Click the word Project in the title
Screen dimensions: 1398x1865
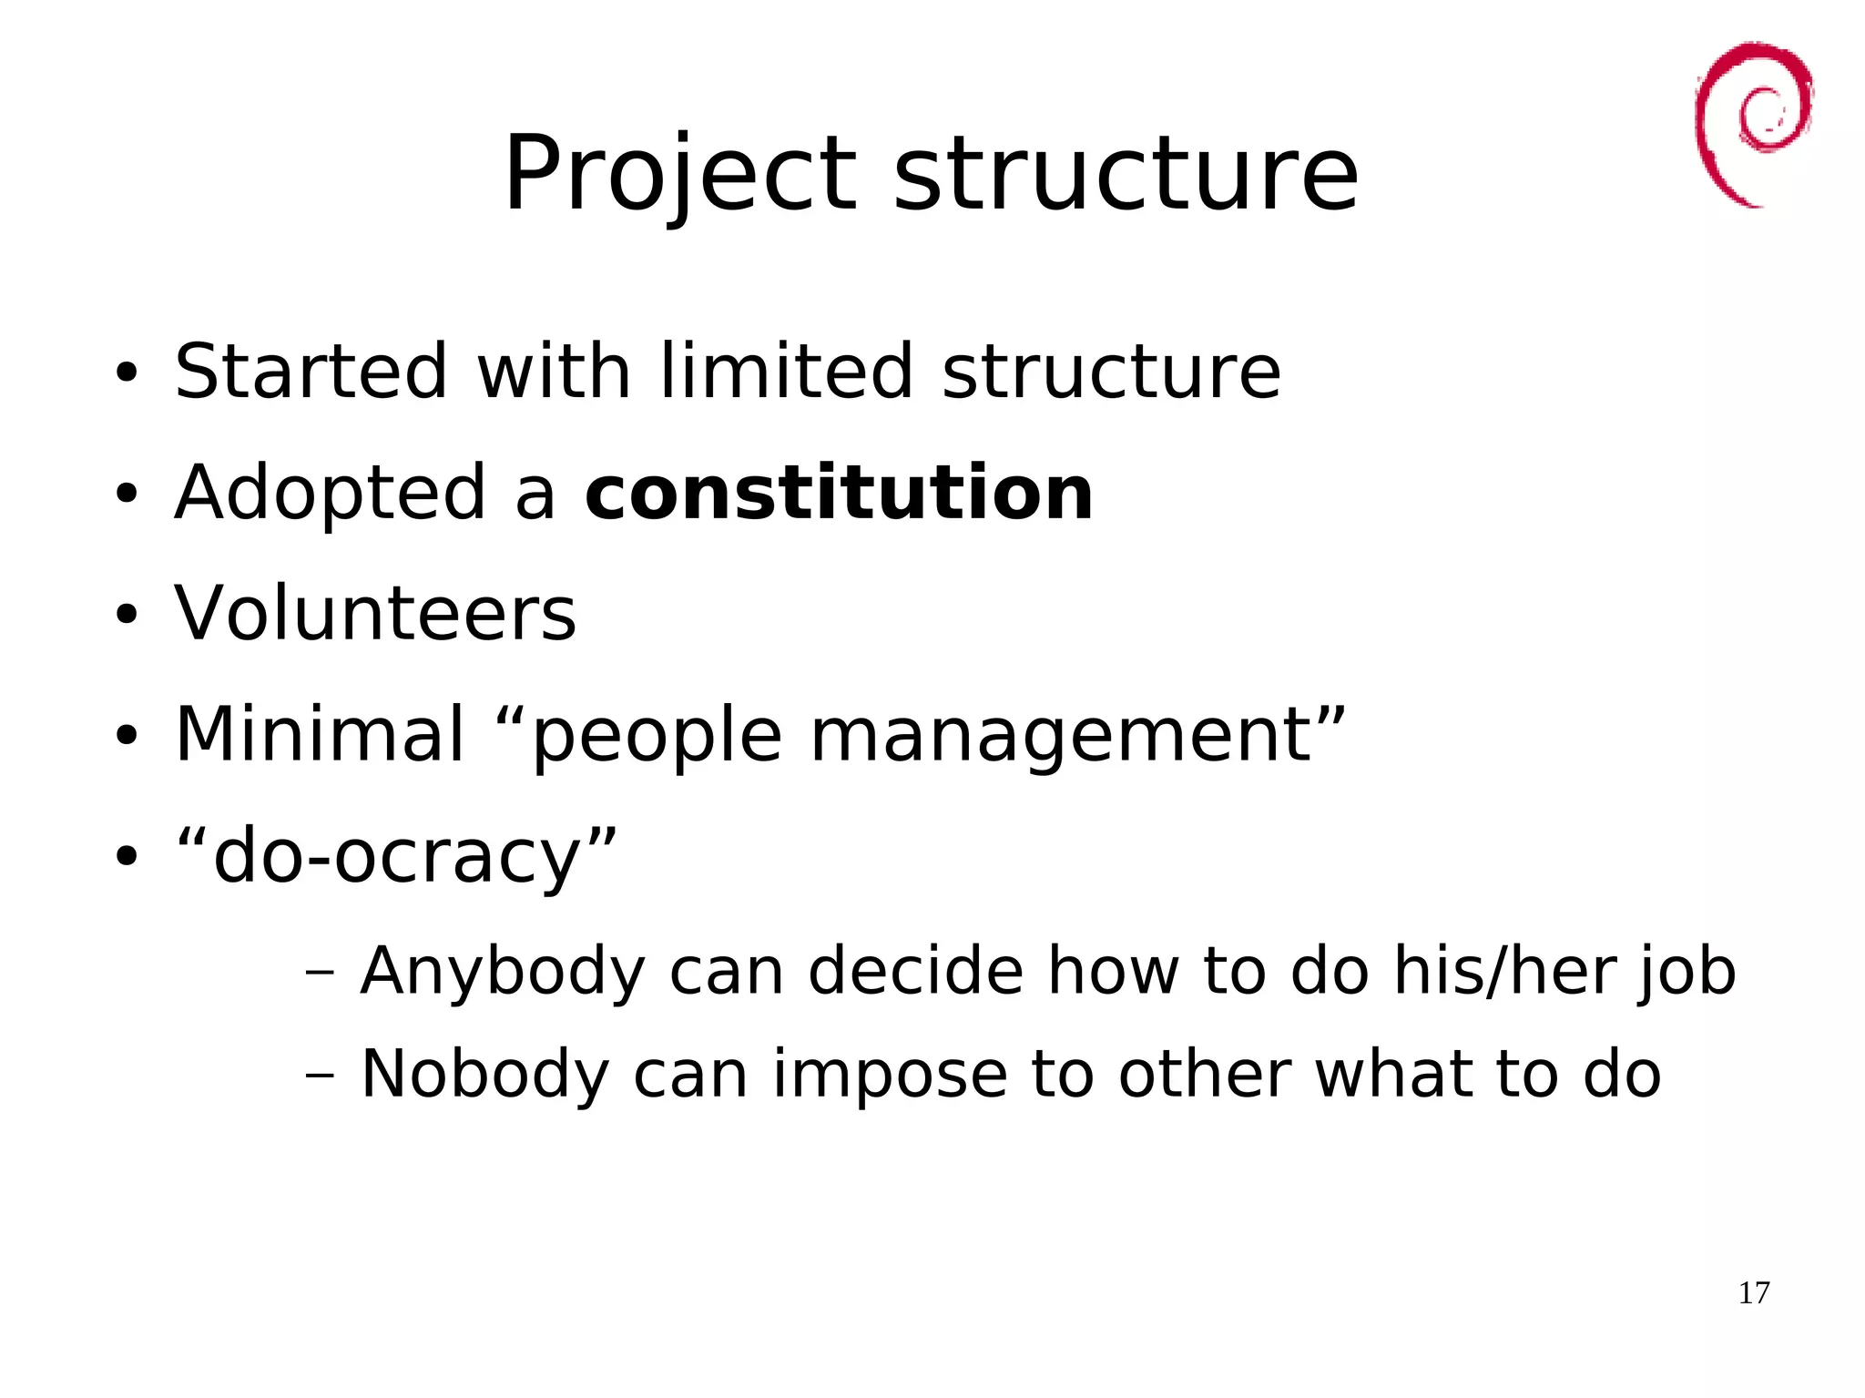coord(679,175)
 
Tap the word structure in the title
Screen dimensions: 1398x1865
coord(1126,175)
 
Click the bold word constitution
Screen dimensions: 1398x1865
coord(839,493)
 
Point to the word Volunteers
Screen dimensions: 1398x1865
coord(375,614)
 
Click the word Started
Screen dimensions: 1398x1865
coord(311,372)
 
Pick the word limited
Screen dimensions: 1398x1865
coord(786,372)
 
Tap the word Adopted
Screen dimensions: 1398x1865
coord(331,495)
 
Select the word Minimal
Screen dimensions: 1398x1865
coord(320,734)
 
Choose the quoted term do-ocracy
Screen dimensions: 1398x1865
coord(396,856)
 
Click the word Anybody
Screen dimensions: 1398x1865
coord(503,972)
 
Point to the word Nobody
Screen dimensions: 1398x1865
coord(484,1075)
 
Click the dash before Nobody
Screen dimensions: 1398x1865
coord(320,1076)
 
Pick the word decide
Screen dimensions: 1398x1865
coord(916,971)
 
